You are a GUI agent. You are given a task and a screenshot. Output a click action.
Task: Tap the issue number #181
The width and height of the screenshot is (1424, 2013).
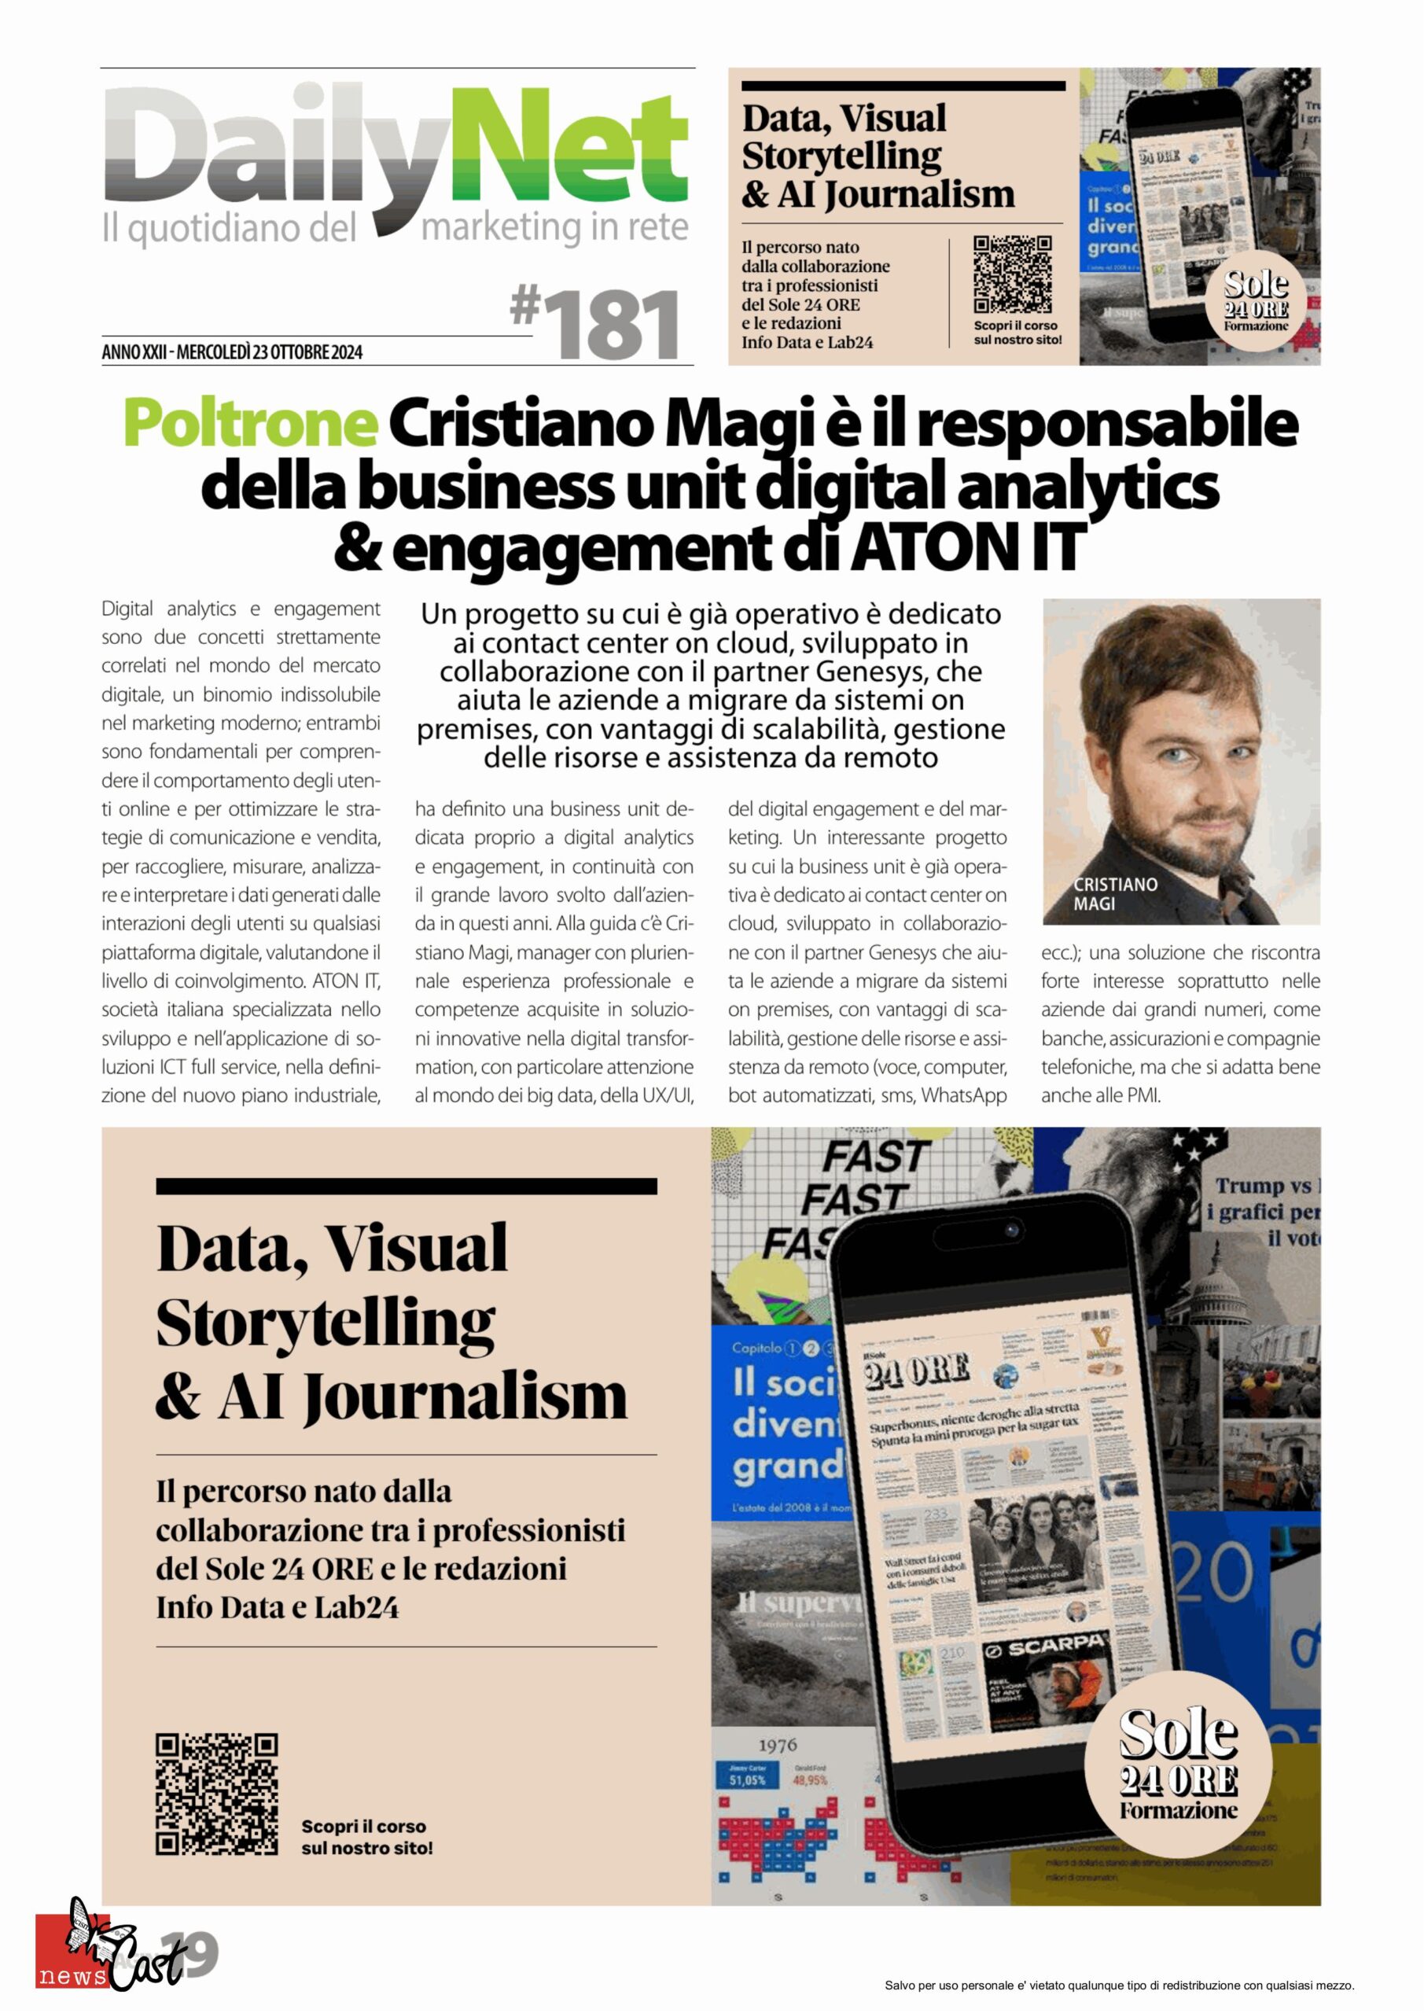point(596,325)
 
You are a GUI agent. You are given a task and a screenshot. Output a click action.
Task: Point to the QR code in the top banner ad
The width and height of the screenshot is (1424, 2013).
point(1013,274)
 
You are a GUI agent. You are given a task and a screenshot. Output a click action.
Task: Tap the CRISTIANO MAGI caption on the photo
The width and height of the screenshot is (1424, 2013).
point(1114,893)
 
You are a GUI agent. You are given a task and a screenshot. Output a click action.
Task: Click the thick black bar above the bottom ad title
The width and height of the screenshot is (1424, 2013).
point(406,1187)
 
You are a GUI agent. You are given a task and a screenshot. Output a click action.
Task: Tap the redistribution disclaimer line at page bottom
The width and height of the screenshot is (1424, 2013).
point(1119,1985)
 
